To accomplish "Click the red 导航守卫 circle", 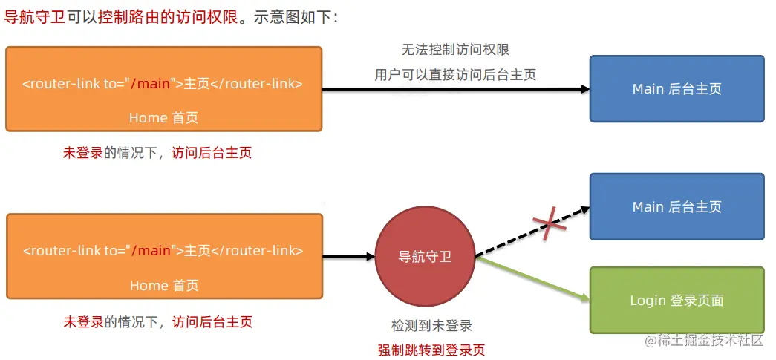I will pos(425,257).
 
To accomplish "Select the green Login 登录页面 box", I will pos(676,300).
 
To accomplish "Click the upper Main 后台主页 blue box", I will pos(676,88).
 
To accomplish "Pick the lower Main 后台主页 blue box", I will pos(676,206).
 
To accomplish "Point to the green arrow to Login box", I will pos(532,278).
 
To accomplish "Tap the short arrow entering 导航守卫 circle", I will pos(348,257).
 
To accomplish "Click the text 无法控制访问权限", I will pos(455,50).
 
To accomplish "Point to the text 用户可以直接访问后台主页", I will pos(455,74).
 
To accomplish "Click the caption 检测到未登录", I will pos(431,325).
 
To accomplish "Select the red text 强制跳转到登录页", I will pos(431,350).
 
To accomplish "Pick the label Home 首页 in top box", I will pos(163,117).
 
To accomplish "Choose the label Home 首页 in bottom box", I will pos(163,285).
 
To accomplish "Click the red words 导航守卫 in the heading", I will pos(34,17).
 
